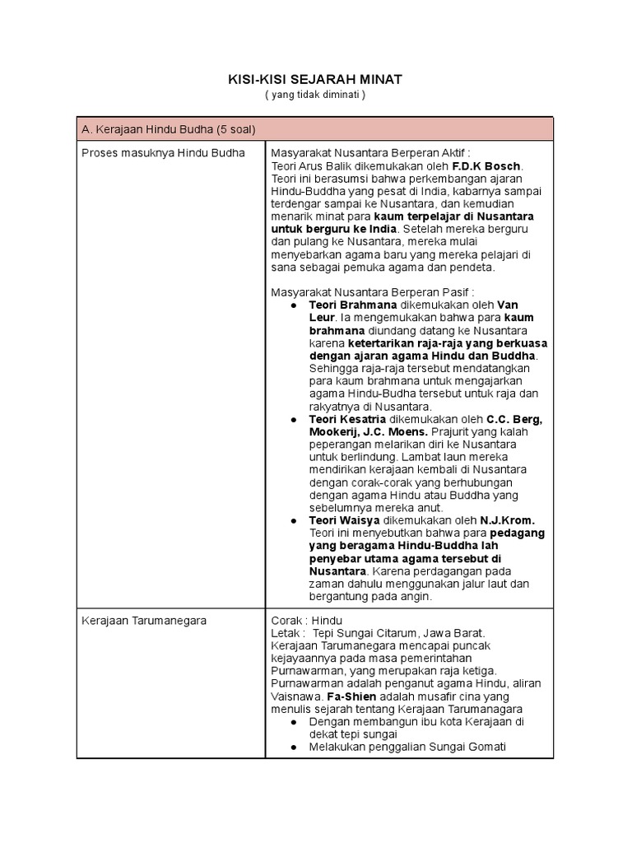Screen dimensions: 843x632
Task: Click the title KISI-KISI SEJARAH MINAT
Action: click(x=315, y=79)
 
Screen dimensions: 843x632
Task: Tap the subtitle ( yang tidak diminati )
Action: click(x=315, y=95)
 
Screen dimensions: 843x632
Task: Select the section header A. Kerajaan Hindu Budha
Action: click(x=168, y=129)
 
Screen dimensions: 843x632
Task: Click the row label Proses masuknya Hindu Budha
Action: click(x=163, y=153)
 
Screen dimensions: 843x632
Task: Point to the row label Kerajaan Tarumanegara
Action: click(x=143, y=620)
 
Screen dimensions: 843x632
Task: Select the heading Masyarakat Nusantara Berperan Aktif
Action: click(x=370, y=153)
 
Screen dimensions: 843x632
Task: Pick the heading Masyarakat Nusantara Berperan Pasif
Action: click(x=373, y=292)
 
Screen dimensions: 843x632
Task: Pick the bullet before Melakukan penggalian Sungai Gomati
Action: click(x=294, y=747)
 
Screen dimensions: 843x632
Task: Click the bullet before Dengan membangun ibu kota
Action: click(x=294, y=721)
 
